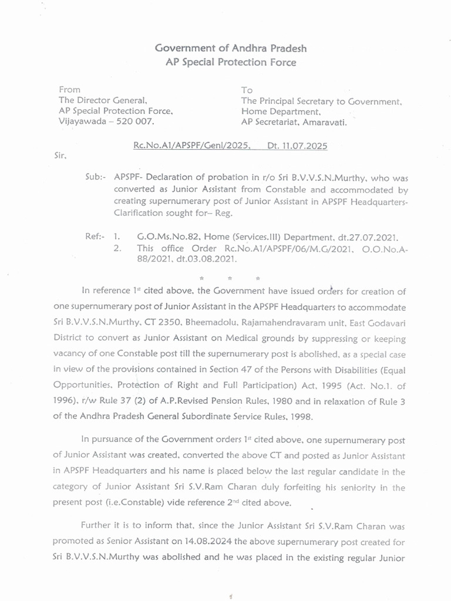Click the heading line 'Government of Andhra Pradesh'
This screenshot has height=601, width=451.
point(231,48)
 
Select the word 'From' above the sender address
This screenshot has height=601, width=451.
point(69,90)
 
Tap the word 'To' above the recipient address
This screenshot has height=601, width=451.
point(247,90)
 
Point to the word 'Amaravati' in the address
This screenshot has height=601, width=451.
point(326,122)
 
